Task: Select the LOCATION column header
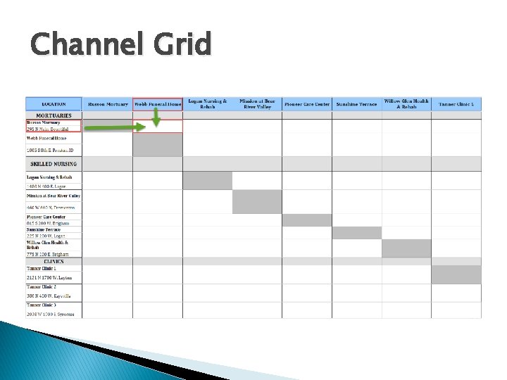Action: click(x=54, y=104)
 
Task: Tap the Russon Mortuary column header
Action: click(x=107, y=104)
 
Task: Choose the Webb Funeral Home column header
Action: click(x=158, y=104)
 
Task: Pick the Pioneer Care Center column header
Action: click(x=307, y=104)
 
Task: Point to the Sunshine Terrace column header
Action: click(x=356, y=104)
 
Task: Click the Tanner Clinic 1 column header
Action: click(x=456, y=104)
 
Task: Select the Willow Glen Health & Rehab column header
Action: click(x=406, y=104)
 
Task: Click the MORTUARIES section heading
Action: click(x=54, y=115)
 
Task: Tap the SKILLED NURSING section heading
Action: click(x=54, y=164)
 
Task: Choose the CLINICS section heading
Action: click(x=54, y=261)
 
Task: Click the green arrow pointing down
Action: click(x=156, y=119)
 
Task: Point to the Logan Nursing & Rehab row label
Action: click(x=49, y=177)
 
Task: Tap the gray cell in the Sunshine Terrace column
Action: click(x=356, y=233)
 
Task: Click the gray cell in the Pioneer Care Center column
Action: click(x=307, y=220)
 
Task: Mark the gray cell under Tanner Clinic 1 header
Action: click(x=456, y=274)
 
